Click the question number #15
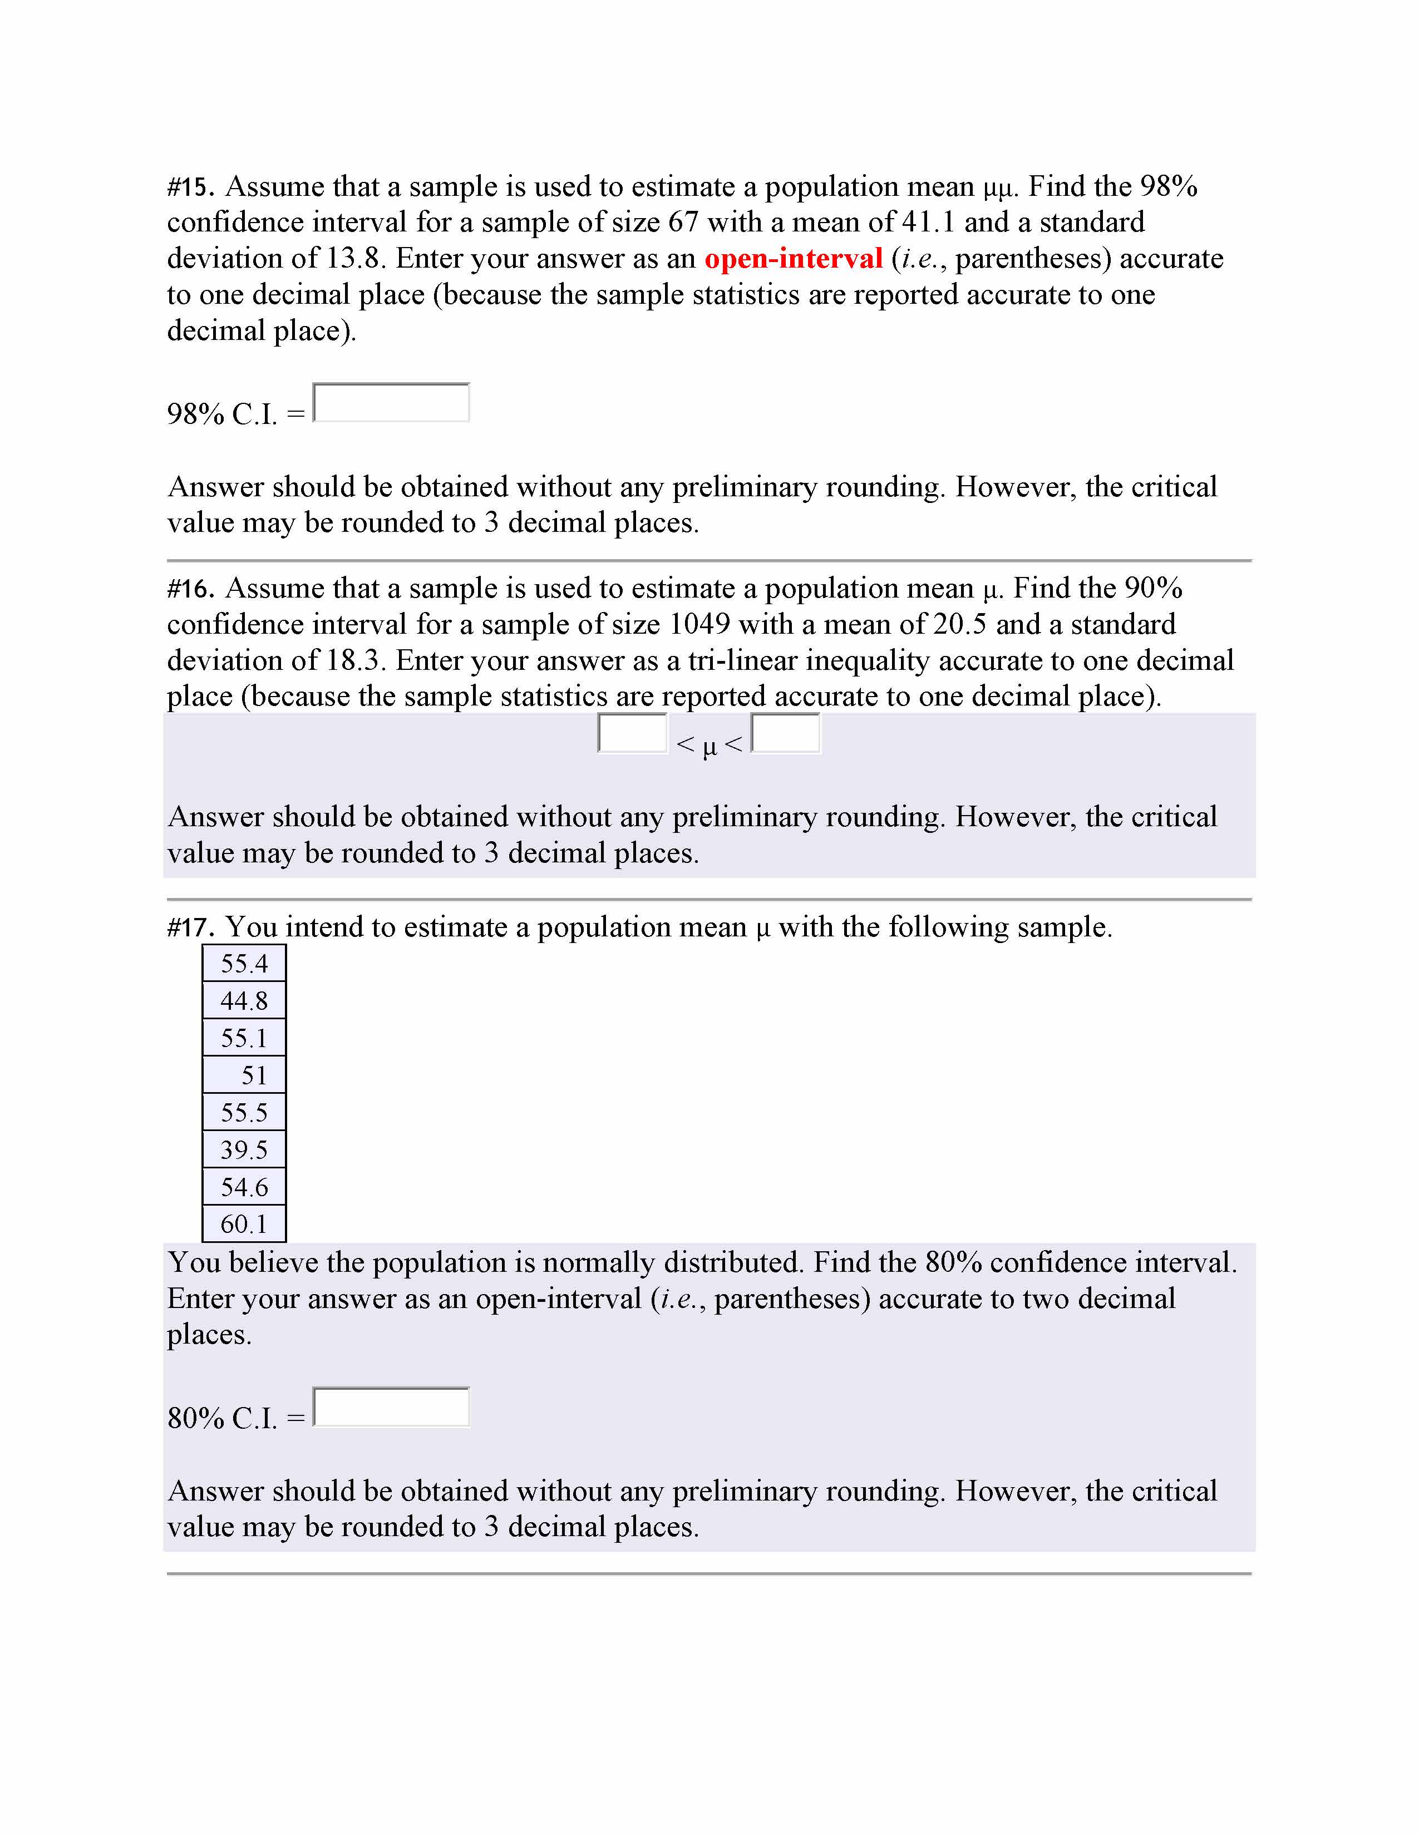pos(191,186)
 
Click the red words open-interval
pos(793,259)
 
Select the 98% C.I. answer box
pos(391,403)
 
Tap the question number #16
pos(191,589)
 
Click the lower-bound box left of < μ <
pos(632,733)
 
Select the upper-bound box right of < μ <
pos(785,733)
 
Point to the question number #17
pos(191,927)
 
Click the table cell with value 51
pos(244,1075)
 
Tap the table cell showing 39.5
pos(244,1149)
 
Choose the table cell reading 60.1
pos(244,1224)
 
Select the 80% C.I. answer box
pos(391,1407)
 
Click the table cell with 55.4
pos(244,964)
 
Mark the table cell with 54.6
pos(244,1187)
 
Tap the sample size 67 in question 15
pos(683,223)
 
